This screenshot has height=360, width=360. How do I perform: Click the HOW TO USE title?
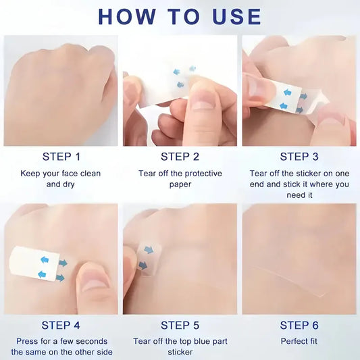180,16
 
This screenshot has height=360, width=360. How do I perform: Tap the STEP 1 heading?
61,157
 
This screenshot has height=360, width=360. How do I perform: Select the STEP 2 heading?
180,157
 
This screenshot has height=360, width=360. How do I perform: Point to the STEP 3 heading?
299,157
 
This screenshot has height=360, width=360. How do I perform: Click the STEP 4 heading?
61,326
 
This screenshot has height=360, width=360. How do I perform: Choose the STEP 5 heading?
180,326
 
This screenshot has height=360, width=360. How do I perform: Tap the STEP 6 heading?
299,326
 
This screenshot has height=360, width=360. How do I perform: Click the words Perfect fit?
299,341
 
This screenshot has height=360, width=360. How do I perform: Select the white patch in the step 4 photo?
34,263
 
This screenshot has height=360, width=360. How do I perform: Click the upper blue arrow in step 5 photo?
149,250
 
